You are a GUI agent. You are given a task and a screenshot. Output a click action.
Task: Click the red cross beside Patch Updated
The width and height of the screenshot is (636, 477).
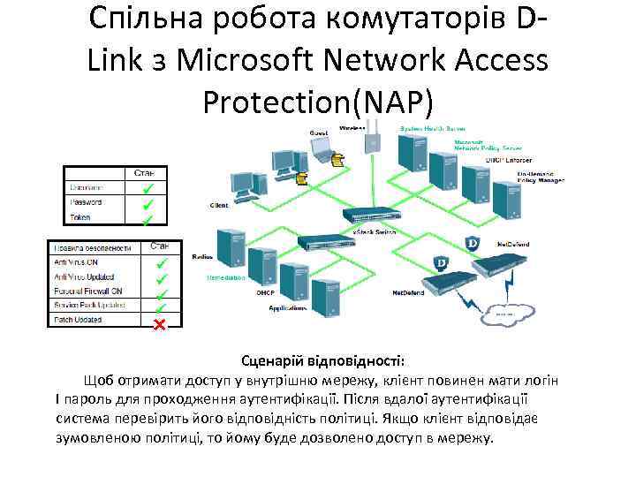(x=160, y=324)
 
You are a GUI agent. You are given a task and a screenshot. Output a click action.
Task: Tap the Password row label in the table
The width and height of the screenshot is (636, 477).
(x=86, y=202)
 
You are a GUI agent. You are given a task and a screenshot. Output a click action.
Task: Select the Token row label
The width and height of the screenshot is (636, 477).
(x=80, y=217)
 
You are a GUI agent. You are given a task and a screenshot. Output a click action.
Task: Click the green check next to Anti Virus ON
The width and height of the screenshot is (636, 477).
(x=161, y=262)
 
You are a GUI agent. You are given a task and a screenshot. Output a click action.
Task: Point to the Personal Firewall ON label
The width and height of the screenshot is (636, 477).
(x=88, y=291)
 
